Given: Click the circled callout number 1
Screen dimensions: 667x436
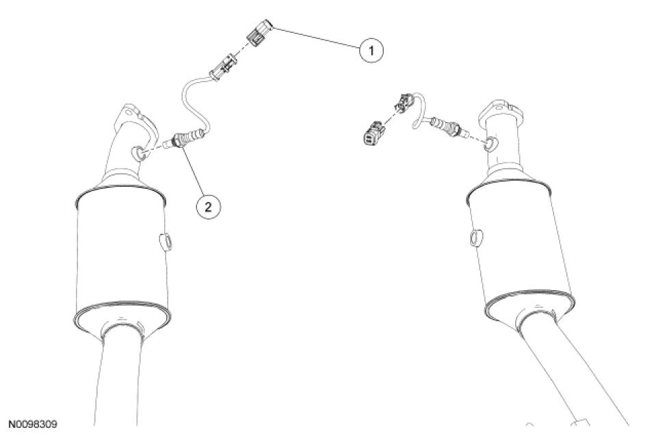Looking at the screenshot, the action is tap(371, 50).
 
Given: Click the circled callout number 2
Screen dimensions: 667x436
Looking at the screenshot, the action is tap(208, 207).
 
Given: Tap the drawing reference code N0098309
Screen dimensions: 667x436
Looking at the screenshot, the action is tap(33, 424).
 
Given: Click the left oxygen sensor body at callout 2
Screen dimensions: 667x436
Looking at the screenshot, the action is tap(187, 138).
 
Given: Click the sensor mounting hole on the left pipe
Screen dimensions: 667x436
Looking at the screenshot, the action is tap(138, 153).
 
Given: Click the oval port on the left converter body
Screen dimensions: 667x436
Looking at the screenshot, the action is tap(166, 242).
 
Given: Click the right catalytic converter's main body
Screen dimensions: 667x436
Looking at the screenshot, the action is tap(519, 251).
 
